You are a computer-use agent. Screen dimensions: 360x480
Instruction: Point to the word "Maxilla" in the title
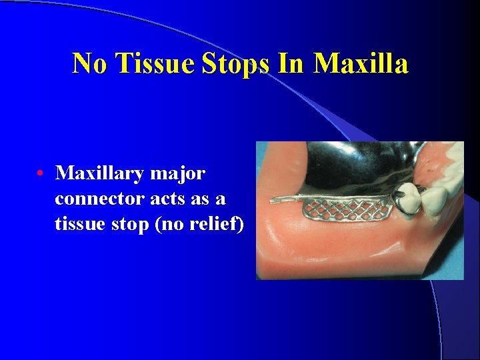click(x=360, y=63)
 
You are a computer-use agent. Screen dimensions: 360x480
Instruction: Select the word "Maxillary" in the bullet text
click(x=99, y=174)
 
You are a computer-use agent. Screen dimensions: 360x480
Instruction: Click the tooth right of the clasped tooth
click(x=437, y=195)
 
